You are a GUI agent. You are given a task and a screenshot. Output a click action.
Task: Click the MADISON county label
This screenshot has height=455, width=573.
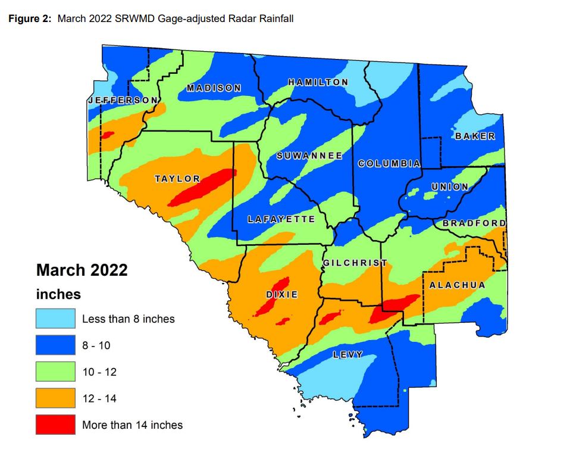click(x=214, y=88)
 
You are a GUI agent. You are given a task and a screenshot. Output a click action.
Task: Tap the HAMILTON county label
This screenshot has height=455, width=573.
click(x=318, y=82)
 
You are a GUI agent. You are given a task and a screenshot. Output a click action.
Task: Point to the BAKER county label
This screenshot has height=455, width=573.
click(x=475, y=136)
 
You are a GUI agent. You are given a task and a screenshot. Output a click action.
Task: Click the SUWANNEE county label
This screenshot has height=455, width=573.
click(x=310, y=156)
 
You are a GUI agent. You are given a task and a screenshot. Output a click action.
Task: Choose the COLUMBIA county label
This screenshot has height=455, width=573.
click(x=389, y=163)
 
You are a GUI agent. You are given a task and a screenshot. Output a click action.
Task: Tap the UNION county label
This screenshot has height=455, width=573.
click(x=450, y=186)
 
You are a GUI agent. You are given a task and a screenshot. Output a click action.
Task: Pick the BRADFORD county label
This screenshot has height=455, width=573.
click(x=474, y=223)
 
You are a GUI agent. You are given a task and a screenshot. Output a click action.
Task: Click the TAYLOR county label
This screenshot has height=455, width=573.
click(x=177, y=179)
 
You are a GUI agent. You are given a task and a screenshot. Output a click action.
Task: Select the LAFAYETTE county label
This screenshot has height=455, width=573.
click(x=281, y=219)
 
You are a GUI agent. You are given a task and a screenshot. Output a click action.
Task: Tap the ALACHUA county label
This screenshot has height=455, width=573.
click(x=457, y=285)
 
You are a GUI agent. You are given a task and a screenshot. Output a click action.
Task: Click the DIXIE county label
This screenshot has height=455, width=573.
click(x=281, y=295)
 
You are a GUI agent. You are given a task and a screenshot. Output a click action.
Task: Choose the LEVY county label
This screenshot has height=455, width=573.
click(x=347, y=354)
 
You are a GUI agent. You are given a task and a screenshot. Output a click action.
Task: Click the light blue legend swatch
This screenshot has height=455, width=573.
click(x=55, y=319)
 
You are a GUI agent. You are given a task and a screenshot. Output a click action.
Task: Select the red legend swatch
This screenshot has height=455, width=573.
click(x=55, y=425)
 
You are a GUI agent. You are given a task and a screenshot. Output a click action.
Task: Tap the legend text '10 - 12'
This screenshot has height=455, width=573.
click(x=99, y=372)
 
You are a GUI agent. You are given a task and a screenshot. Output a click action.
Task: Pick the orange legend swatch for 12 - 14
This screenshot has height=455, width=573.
click(x=55, y=398)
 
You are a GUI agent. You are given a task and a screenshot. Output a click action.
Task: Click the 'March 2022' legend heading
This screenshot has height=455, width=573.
click(x=82, y=270)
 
